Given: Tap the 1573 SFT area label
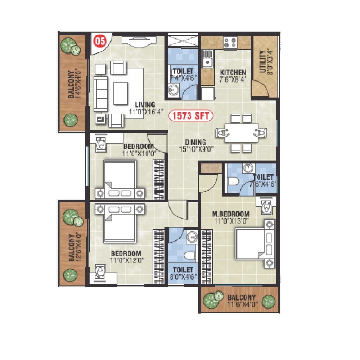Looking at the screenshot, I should (191, 116).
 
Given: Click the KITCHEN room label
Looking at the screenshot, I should (233, 72).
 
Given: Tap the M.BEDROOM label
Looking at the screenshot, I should (231, 214).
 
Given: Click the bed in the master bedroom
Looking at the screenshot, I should (254, 244).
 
